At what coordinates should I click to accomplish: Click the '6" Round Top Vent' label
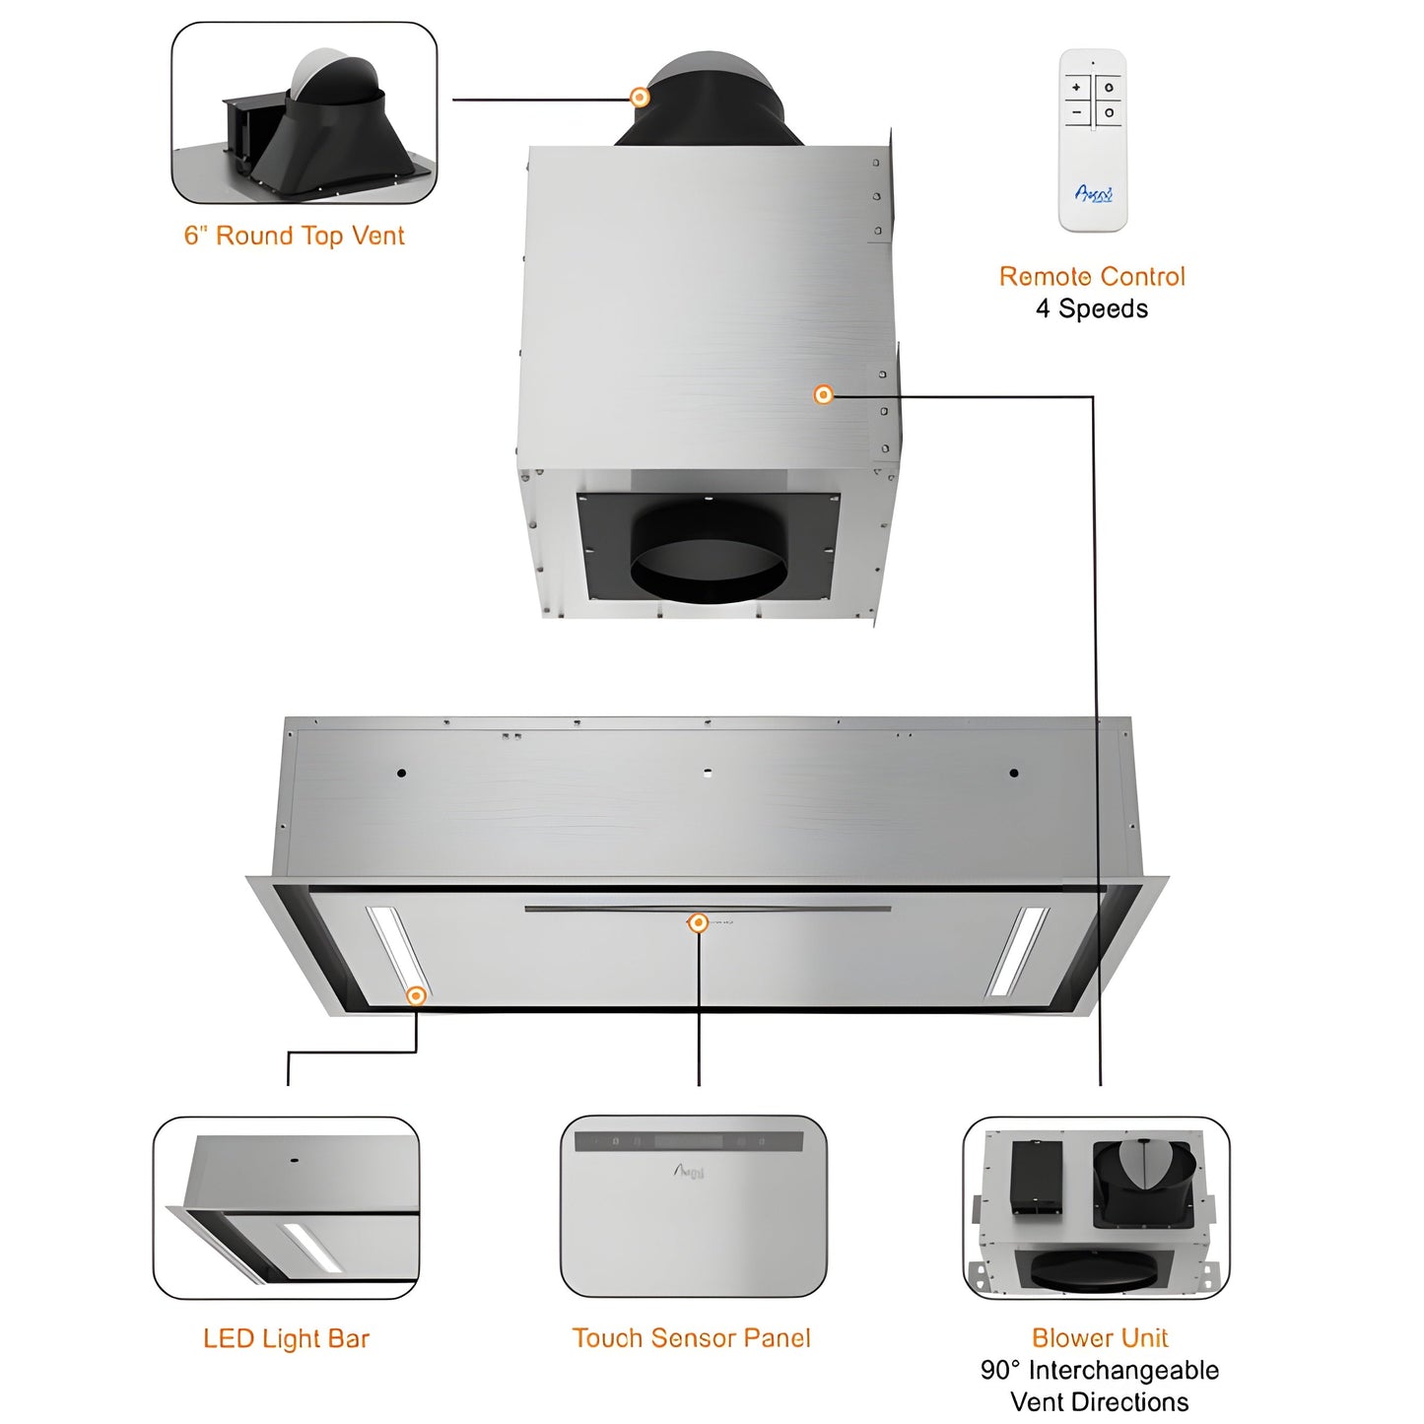294,236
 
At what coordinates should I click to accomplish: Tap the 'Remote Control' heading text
1092,276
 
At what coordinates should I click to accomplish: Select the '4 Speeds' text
1092,308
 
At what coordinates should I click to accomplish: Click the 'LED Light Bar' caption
286,1338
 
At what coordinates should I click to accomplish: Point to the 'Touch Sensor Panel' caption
692,1337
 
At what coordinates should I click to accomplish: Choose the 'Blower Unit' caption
1100,1337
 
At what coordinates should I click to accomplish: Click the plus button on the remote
1076,88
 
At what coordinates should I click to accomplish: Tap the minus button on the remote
1076,112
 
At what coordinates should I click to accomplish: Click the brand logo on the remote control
1093,194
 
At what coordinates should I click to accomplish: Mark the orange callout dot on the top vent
640,97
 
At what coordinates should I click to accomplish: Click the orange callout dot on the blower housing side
823,394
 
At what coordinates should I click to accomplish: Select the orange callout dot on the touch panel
698,922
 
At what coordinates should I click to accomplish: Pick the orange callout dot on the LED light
416,995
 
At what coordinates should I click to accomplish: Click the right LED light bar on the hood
1018,950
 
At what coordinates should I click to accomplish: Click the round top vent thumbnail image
305,113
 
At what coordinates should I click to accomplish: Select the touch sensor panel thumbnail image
693,1206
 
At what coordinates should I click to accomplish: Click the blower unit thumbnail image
1096,1208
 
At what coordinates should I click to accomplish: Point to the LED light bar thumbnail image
286,1208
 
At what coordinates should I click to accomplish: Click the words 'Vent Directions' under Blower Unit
1099,1401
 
